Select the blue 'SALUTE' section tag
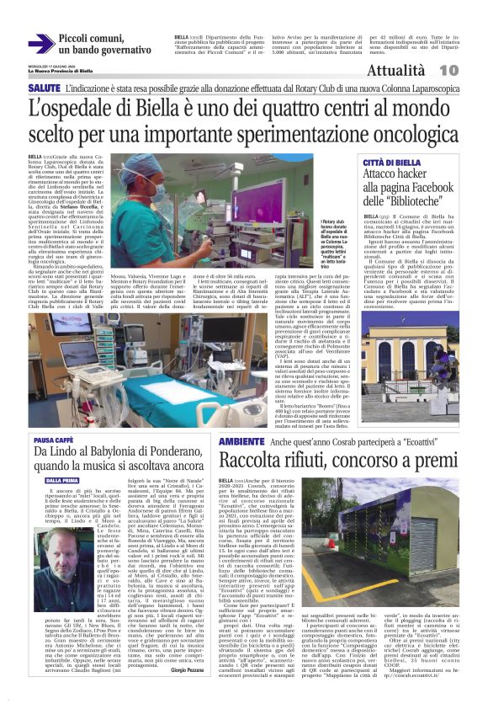click(44, 88)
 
